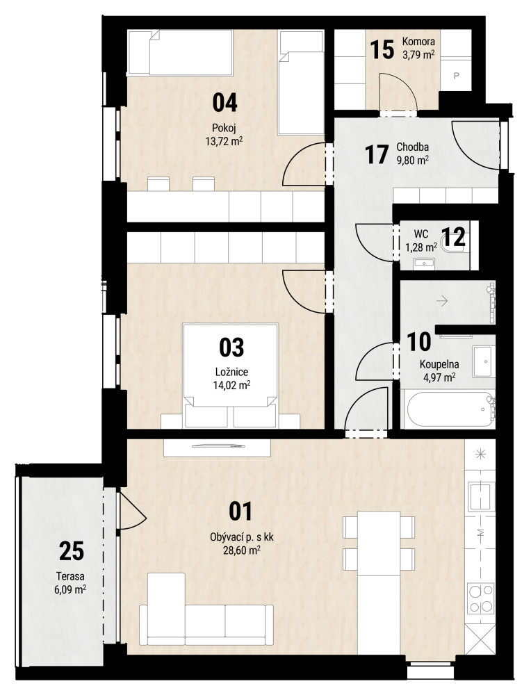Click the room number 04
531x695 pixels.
(224, 102)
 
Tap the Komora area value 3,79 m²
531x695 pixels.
(418, 55)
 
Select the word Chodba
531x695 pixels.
(412, 147)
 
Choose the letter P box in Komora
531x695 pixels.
(456, 76)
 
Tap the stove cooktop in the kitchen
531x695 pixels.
(481, 598)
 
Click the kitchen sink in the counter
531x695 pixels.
(480, 496)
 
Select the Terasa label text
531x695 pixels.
(70, 577)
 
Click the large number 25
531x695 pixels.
(72, 551)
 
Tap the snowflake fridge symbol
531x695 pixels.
(480, 454)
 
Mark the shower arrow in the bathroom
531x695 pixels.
(442, 301)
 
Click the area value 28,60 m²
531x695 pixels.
(241, 550)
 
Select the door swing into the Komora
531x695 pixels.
(399, 91)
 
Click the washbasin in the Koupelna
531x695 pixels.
(482, 361)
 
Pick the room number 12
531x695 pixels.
(453, 237)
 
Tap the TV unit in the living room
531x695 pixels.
(217, 448)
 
